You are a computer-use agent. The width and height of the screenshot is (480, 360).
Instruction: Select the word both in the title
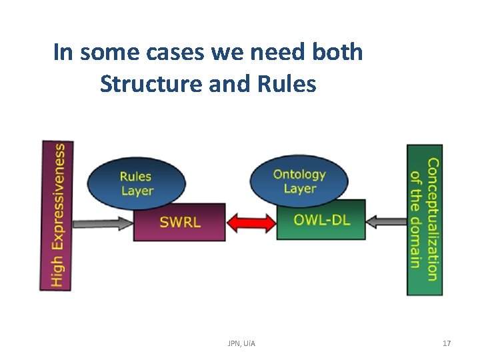click(337, 52)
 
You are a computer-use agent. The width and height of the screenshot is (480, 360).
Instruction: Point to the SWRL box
click(179, 222)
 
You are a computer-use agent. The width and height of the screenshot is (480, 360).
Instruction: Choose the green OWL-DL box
click(321, 219)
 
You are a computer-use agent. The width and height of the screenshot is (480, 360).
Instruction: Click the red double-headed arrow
click(251, 221)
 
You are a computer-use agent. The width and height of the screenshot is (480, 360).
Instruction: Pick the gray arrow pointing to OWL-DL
click(386, 220)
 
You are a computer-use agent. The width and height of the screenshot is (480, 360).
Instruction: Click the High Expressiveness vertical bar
click(57, 215)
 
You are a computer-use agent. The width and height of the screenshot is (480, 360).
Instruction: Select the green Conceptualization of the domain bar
click(424, 219)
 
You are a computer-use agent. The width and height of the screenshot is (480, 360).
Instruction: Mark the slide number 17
click(447, 343)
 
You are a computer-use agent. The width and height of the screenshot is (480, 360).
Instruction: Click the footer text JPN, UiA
click(241, 343)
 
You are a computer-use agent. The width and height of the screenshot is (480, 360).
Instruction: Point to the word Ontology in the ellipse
click(299, 174)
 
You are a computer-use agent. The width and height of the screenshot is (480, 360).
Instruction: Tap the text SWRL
click(180, 223)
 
